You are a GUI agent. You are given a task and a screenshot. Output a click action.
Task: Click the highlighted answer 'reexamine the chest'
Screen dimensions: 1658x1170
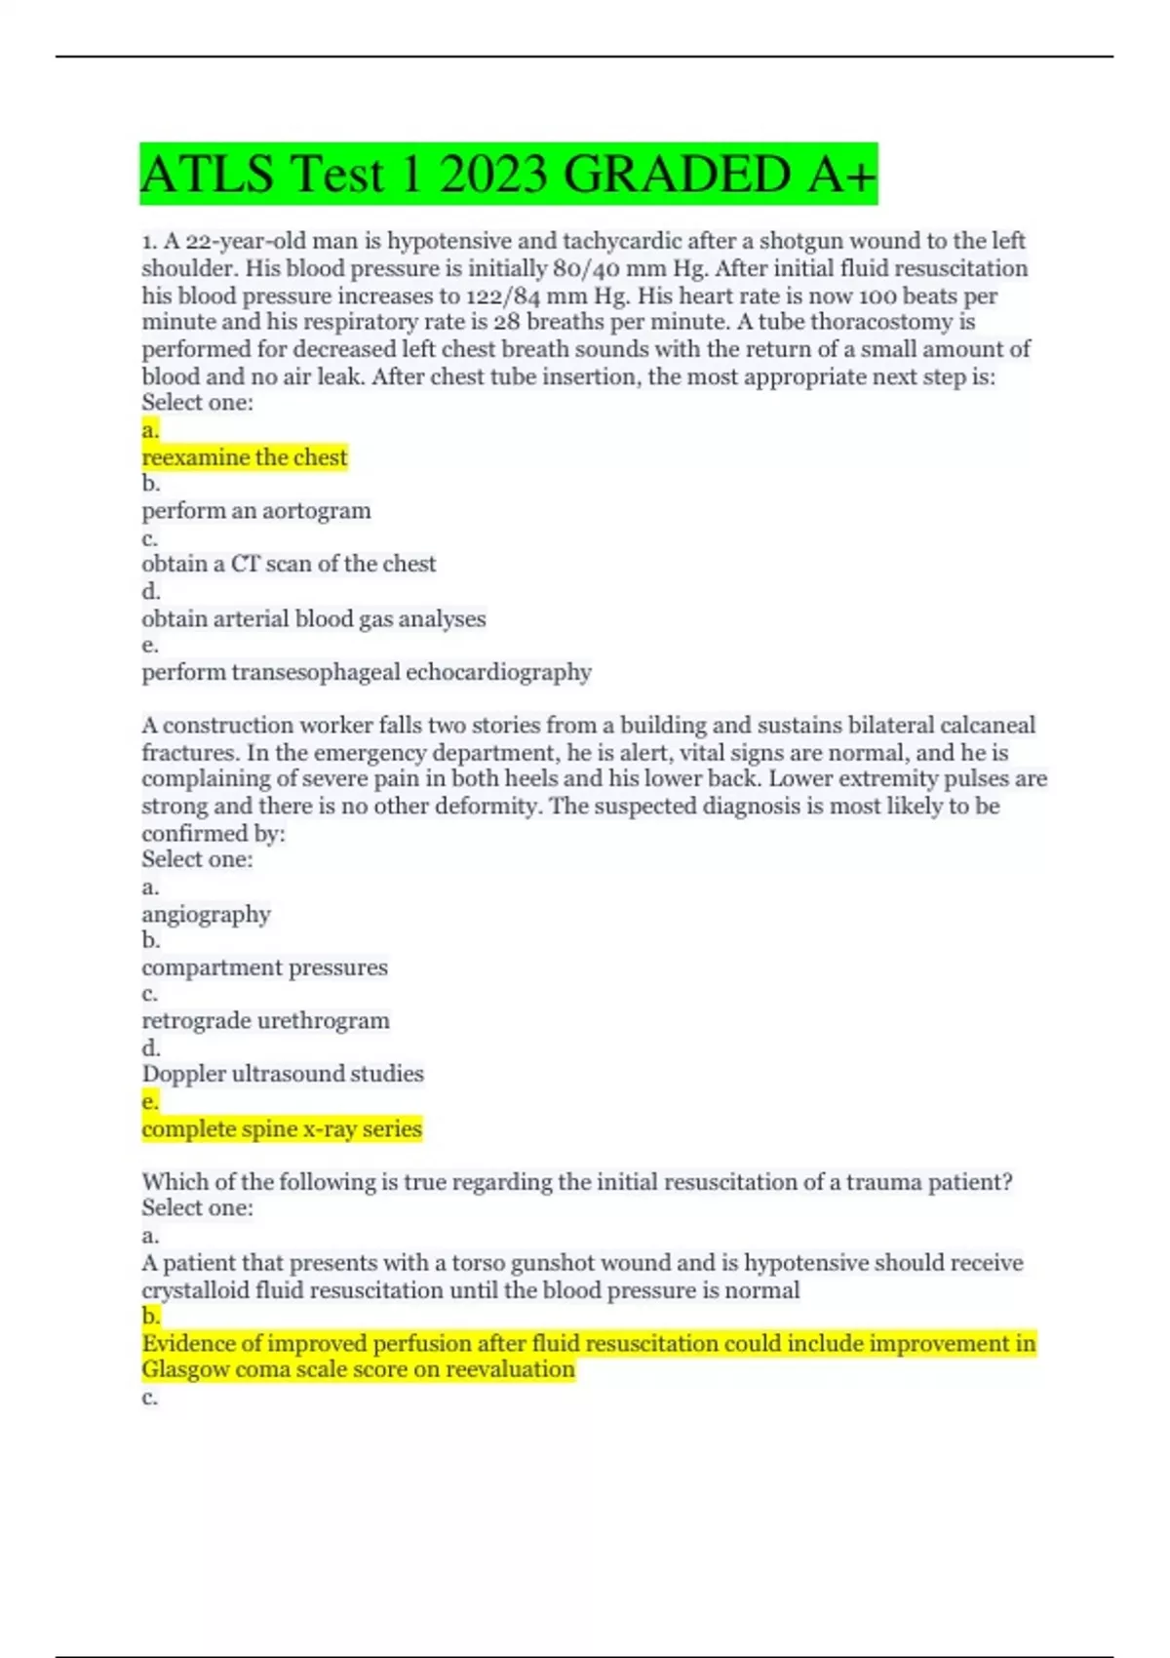click(245, 457)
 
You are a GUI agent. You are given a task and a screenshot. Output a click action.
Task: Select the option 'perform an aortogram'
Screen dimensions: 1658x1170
click(256, 511)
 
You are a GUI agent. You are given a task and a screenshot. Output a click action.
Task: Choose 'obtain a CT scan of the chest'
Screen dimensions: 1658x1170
click(289, 564)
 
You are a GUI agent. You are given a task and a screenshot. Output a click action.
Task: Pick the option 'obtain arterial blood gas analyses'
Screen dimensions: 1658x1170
click(313, 618)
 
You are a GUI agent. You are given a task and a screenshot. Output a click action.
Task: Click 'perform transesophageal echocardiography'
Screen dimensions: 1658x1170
click(367, 672)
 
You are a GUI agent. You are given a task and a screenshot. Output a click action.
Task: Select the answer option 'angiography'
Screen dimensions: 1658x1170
click(206, 915)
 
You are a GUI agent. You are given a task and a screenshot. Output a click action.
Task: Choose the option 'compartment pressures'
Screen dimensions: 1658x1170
click(264, 967)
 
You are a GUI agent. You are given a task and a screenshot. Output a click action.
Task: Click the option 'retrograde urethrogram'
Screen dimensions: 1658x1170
click(265, 1021)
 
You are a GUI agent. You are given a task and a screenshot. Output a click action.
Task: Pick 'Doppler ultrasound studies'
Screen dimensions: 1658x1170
click(283, 1074)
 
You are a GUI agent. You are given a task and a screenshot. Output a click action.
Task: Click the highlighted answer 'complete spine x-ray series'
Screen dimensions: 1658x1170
click(282, 1128)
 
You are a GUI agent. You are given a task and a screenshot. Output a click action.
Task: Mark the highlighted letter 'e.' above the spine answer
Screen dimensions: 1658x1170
click(150, 1102)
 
